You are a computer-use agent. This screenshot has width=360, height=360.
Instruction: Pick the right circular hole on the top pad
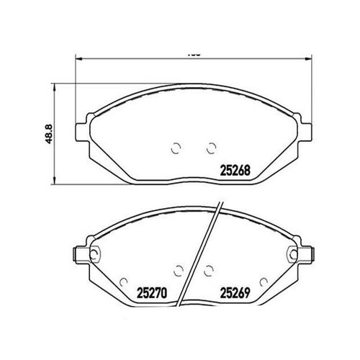(x=210, y=149)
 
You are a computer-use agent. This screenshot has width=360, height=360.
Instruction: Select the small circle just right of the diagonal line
(x=210, y=270)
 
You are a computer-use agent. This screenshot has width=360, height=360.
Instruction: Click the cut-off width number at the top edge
(x=192, y=53)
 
